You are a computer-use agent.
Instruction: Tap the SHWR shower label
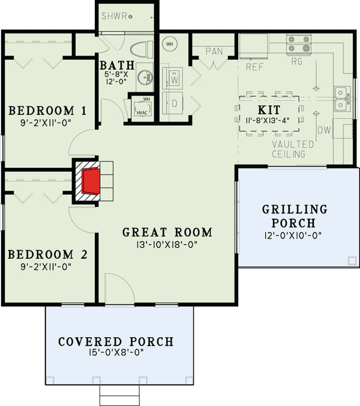pyautogui.click(x=115, y=16)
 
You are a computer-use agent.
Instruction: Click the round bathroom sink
pyautogui.click(x=144, y=77)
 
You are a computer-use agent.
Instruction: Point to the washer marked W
pyautogui.click(x=175, y=78)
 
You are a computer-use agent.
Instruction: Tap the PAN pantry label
pyautogui.click(x=214, y=52)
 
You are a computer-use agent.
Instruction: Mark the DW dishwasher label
pyautogui.click(x=324, y=130)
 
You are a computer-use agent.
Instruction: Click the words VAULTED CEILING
pyautogui.click(x=292, y=149)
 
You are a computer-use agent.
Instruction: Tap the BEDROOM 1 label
pyautogui.click(x=47, y=111)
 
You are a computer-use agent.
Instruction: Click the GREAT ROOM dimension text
pyautogui.click(x=167, y=245)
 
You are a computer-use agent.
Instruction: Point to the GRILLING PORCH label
pyautogui.click(x=295, y=216)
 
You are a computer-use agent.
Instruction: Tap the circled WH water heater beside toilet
pyautogui.click(x=169, y=44)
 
